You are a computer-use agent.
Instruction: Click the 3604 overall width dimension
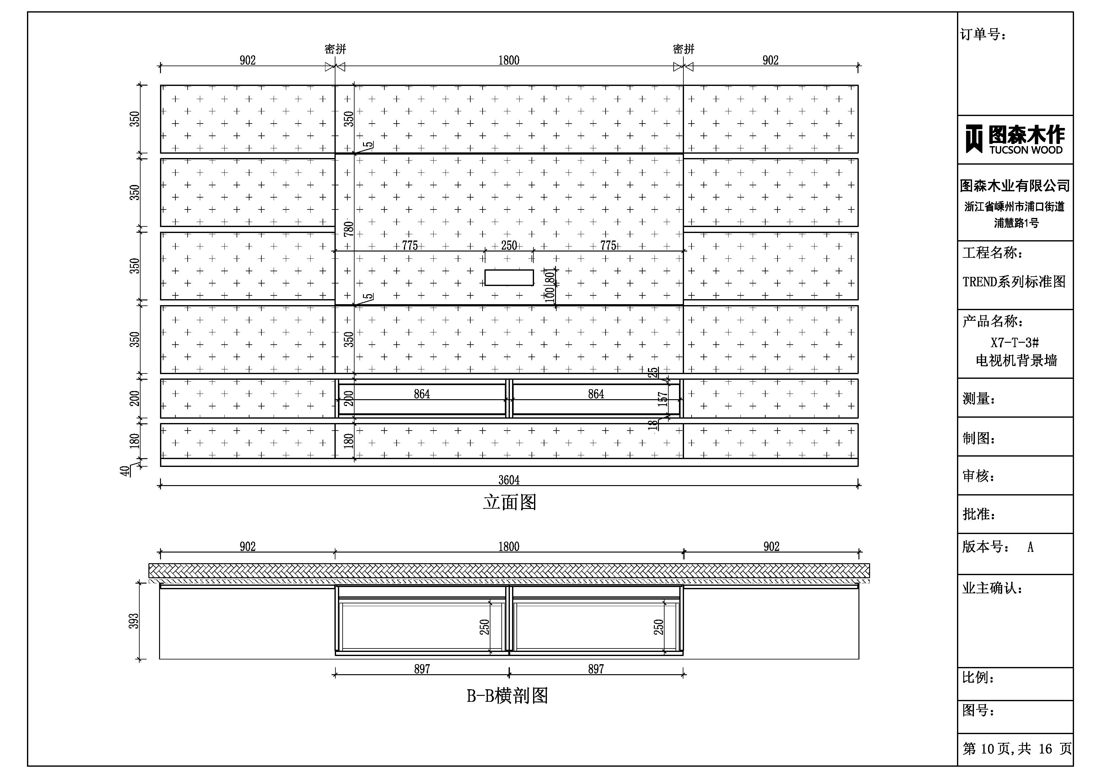coord(509,480)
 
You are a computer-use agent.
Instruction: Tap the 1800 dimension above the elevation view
coord(509,61)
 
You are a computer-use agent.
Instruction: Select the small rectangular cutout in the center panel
coord(509,278)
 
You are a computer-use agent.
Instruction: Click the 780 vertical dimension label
coord(349,229)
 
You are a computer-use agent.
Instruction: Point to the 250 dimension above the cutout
coord(509,246)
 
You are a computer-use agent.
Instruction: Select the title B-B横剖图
coord(507,695)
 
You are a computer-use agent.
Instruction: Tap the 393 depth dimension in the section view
coord(135,621)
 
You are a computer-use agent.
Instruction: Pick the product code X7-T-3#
coord(1015,343)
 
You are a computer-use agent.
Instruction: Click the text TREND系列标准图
coord(1014,281)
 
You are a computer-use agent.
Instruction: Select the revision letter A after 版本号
coord(1030,547)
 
